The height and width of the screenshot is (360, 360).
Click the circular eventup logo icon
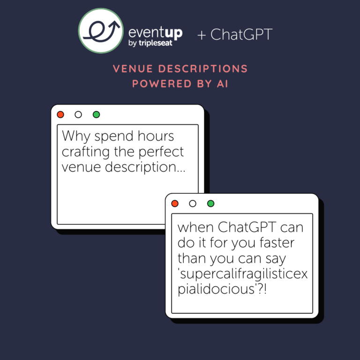coord(101,31)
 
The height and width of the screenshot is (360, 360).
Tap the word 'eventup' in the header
coord(156,33)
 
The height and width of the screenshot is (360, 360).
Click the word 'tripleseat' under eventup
coord(156,43)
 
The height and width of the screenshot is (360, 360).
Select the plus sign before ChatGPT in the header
coord(202,35)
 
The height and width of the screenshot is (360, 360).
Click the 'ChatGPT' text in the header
coord(241,34)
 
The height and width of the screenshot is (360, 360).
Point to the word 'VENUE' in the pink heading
coord(133,68)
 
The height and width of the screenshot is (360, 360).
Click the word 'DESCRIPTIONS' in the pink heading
coord(203,68)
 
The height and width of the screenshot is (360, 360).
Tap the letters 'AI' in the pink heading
coord(223,83)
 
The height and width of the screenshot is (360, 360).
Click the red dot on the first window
coord(60,114)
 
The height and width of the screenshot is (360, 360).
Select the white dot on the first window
coord(78,114)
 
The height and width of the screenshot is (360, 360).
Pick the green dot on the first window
coord(96,114)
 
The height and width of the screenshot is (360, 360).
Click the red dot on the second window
coord(175,203)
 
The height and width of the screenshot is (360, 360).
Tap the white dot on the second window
coord(193,203)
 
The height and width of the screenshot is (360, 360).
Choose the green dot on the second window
coord(210,203)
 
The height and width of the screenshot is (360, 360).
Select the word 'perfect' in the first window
coord(161,152)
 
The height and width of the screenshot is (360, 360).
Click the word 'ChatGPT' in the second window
coord(247,227)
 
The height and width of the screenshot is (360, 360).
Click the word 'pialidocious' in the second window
coord(216,289)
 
